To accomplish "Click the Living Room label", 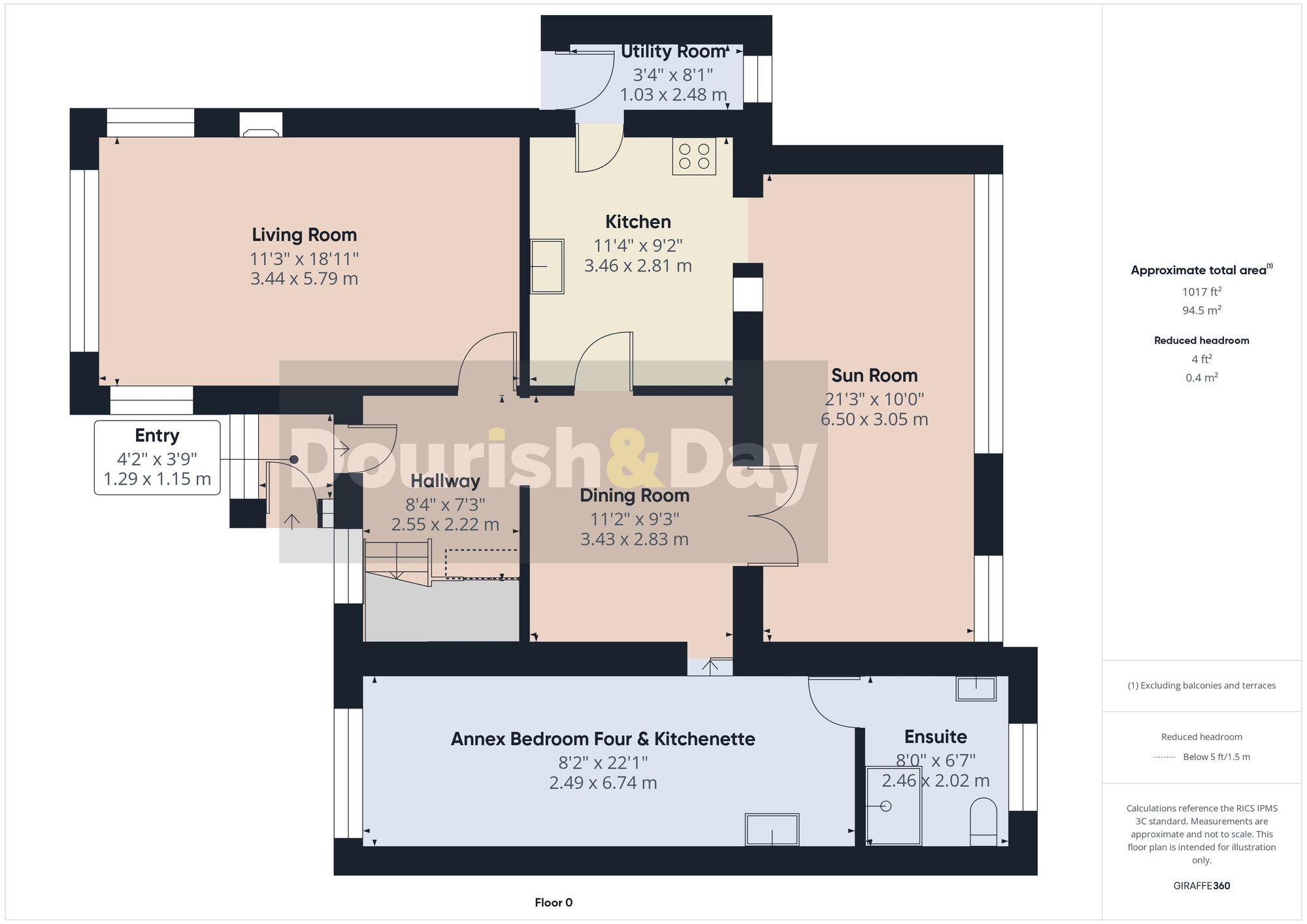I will (x=304, y=235).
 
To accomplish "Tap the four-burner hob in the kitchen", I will (x=694, y=157).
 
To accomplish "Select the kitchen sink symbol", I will (x=547, y=266).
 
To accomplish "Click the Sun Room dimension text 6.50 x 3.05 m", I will (x=874, y=419).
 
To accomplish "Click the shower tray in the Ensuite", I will (x=893, y=807).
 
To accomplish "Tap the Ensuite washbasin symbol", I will (x=976, y=688).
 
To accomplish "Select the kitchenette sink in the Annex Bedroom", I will (x=772, y=829).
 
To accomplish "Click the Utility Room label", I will (x=673, y=52).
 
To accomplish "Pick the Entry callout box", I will (x=157, y=457).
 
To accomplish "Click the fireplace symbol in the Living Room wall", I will (x=261, y=125).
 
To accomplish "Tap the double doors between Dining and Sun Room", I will (x=774, y=516).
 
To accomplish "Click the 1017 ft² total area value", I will (x=1201, y=292).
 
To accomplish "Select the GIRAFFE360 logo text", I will (x=1201, y=886).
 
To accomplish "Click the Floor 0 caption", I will (x=554, y=902).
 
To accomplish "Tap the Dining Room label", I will (x=635, y=496).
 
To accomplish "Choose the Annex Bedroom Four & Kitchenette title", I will (x=603, y=739).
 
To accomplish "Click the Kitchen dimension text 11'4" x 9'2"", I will (x=638, y=246).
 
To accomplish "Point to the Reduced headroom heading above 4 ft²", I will (x=1201, y=340).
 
